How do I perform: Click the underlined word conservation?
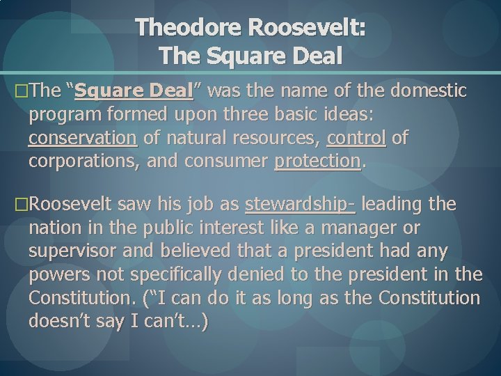[x=83, y=139]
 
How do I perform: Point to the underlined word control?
[x=356, y=139]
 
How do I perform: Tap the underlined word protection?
[x=318, y=162]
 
